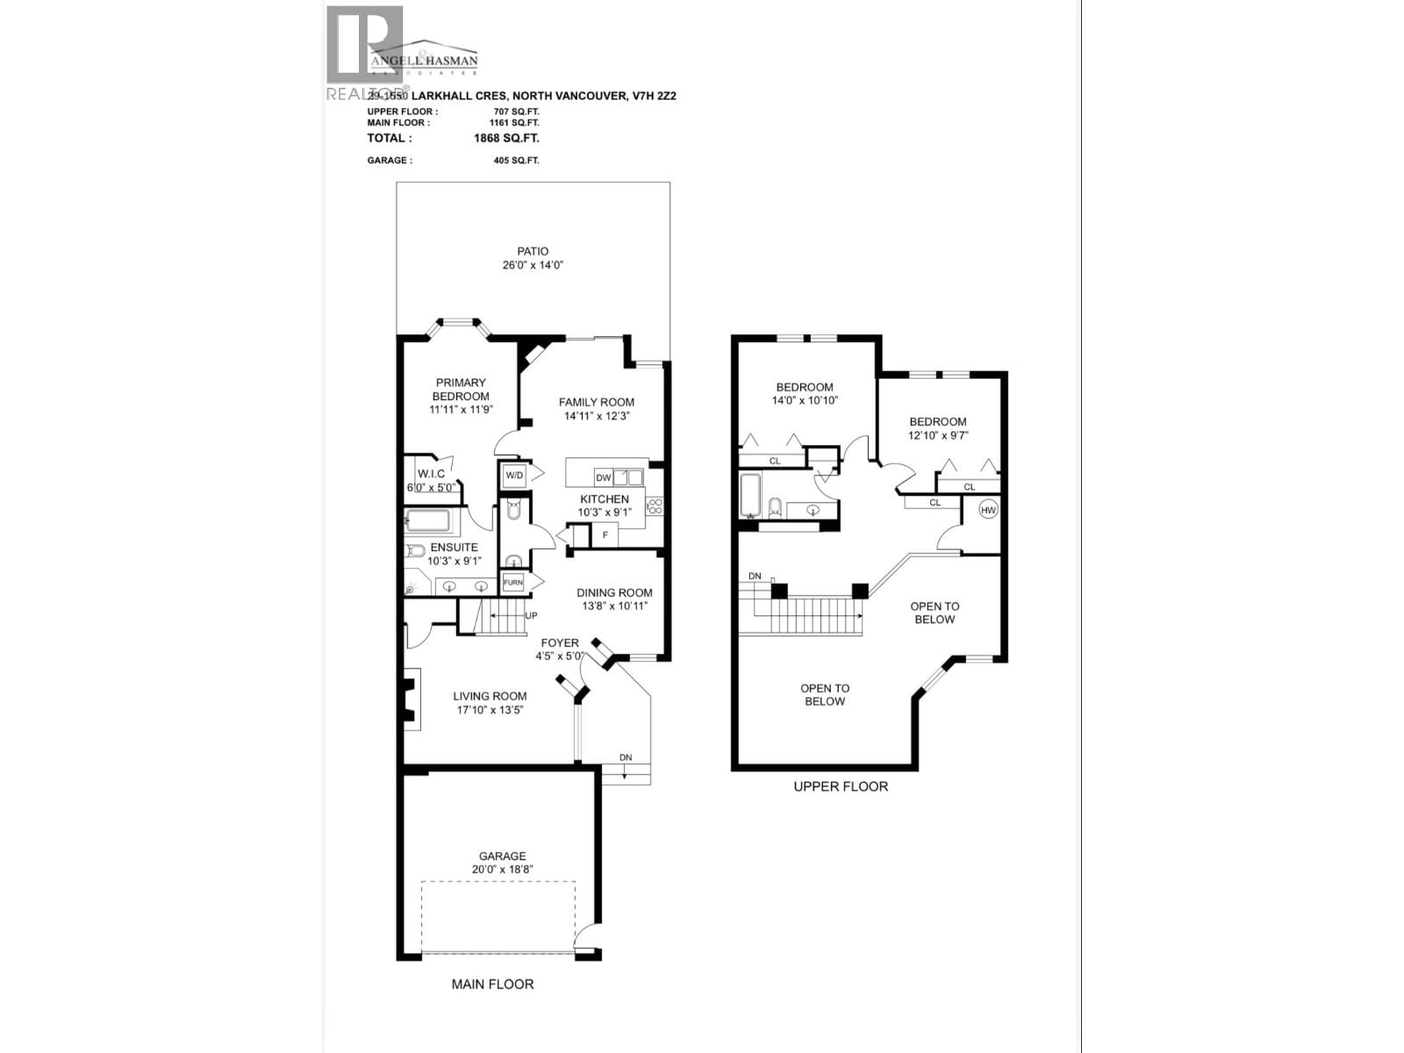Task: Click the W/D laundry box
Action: pos(513,476)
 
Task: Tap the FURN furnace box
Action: pos(512,583)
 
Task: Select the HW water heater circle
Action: pos(988,510)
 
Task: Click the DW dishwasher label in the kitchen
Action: pos(603,478)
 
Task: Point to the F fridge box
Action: pos(604,534)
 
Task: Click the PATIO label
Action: pos(532,252)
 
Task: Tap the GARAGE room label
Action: pos(502,856)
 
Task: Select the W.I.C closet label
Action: pos(431,474)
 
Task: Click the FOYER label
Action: pos(560,643)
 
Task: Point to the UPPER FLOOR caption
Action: pos(840,787)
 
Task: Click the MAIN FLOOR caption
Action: pos(492,985)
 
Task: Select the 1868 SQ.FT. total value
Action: pos(505,139)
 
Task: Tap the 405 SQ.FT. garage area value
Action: pos(516,161)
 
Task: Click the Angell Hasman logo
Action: pos(424,58)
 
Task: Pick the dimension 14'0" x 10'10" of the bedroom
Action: pos(805,401)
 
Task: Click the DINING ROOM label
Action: pos(614,593)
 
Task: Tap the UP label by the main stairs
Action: pos(531,616)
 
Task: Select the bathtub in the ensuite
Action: pos(428,522)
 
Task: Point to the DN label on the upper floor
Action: pos(755,576)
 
